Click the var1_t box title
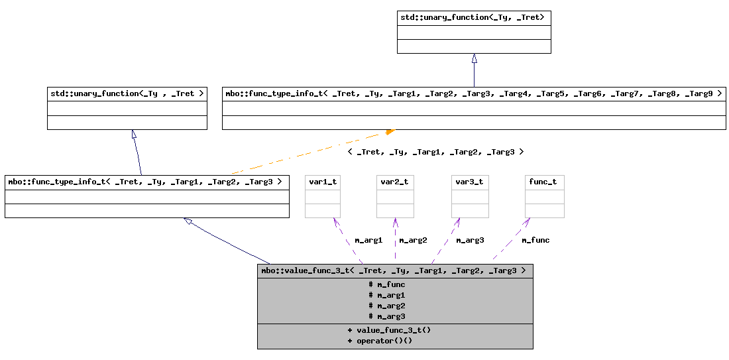[x=323, y=182]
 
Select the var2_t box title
[x=394, y=182]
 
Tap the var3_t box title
[x=469, y=182]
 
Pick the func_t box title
[x=543, y=182]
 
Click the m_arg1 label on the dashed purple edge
[x=368, y=240]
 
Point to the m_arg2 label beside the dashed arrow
[x=413, y=240]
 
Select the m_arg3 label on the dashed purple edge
[x=470, y=240]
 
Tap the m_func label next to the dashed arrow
[x=535, y=240]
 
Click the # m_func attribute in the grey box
[x=386, y=284]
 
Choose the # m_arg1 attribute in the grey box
[x=386, y=295]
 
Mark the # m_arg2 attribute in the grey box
[x=386, y=306]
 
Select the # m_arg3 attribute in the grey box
[x=386, y=316]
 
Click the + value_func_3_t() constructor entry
[x=389, y=330]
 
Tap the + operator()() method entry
[x=380, y=341]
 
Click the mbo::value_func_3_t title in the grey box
[x=394, y=270]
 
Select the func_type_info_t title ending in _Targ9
[x=473, y=93]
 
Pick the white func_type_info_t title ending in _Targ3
[x=146, y=182]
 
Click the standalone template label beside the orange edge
[x=435, y=152]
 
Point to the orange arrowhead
[x=390, y=132]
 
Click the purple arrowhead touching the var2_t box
[x=395, y=223]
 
